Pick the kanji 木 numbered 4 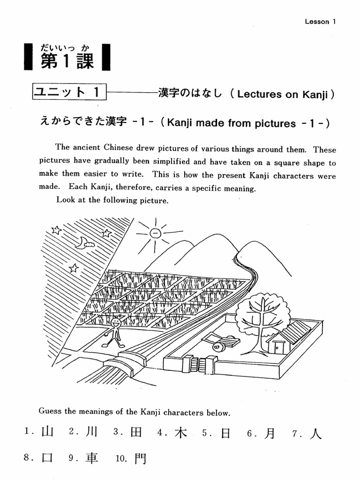pos(180,433)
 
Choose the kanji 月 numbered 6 pos(269,434)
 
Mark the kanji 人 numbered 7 pos(315,434)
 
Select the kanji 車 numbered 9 pos(92,458)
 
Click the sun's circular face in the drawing pos(155,232)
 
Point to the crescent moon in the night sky pos(83,242)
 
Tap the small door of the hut pos(279,347)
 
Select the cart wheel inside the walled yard pos(217,347)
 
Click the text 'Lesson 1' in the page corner pos(320,22)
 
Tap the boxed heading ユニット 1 pos(69,92)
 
